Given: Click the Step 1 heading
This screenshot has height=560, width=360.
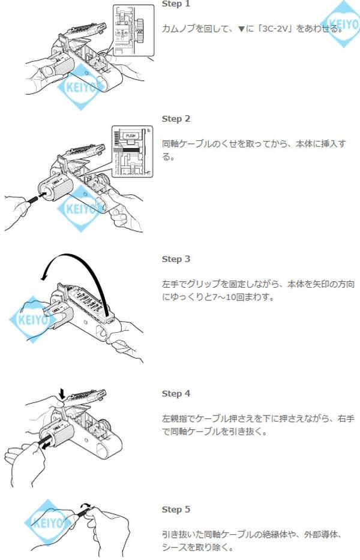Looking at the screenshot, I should [x=176, y=4].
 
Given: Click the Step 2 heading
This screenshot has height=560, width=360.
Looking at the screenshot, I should [x=176, y=119].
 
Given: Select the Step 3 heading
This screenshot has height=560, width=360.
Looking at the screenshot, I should [x=176, y=259].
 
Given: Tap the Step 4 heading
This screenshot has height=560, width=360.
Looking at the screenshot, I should [x=176, y=393].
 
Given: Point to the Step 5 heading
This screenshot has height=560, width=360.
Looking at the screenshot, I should [x=176, y=509].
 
